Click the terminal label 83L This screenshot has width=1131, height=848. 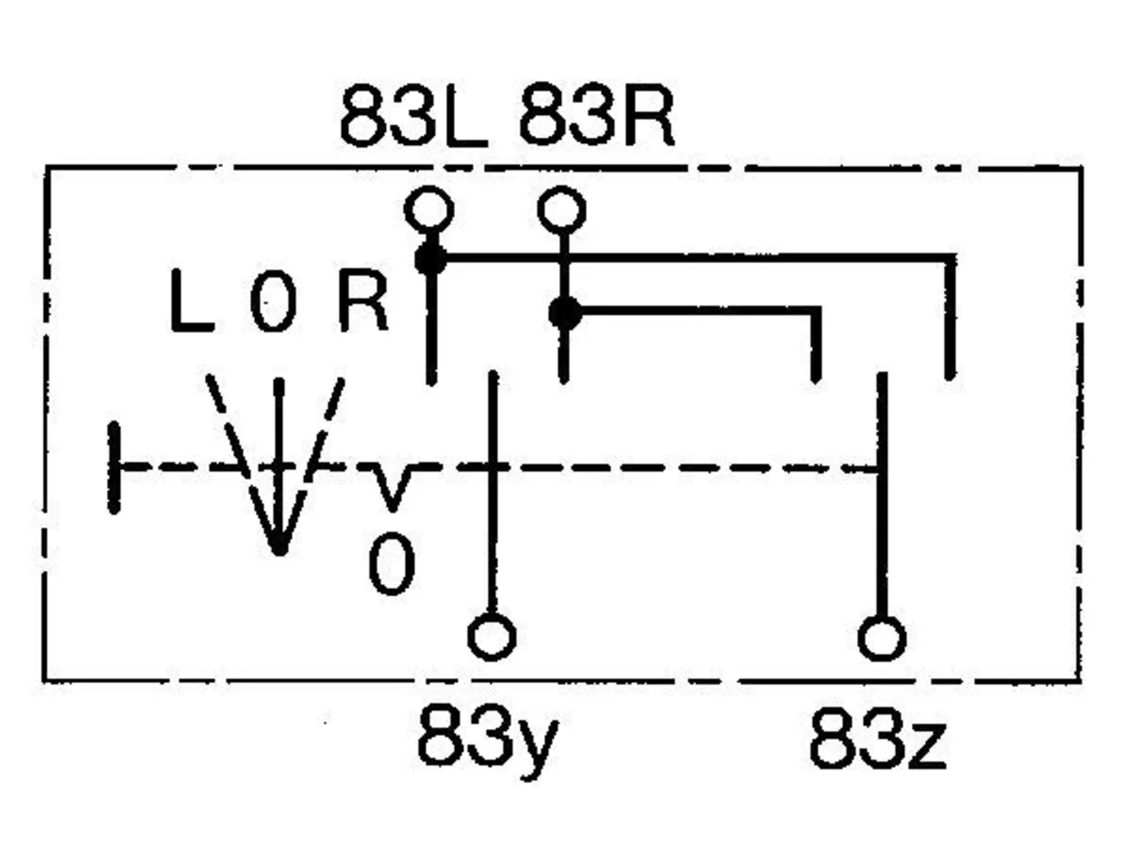pyautogui.click(x=414, y=117)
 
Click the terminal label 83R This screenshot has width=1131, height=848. pyautogui.click(x=596, y=117)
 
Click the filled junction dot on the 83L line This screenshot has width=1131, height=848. pyautogui.click(x=431, y=259)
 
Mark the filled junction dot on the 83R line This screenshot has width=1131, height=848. pyautogui.click(x=565, y=313)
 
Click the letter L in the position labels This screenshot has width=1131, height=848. pyautogui.click(x=192, y=300)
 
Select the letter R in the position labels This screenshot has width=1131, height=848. pyautogui.click(x=363, y=300)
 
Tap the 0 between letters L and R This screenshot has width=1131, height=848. pyautogui.click(x=273, y=300)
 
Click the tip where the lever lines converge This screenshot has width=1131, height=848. pyautogui.click(x=279, y=551)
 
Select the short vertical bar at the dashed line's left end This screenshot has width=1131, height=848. pyautogui.click(x=114, y=467)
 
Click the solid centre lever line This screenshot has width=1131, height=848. pyautogui.click(x=278, y=466)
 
